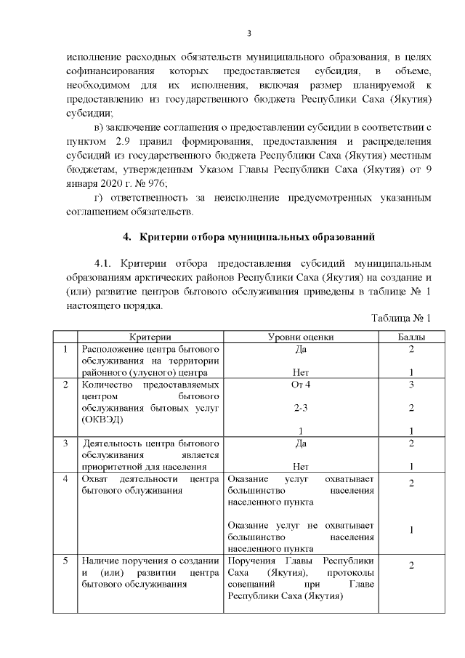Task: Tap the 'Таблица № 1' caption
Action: tap(401, 318)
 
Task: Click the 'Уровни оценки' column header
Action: tap(301, 337)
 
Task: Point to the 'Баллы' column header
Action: tap(411, 337)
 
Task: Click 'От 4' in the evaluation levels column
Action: tap(301, 383)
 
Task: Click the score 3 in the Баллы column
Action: tap(411, 383)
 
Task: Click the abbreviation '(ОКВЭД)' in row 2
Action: tap(102, 420)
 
